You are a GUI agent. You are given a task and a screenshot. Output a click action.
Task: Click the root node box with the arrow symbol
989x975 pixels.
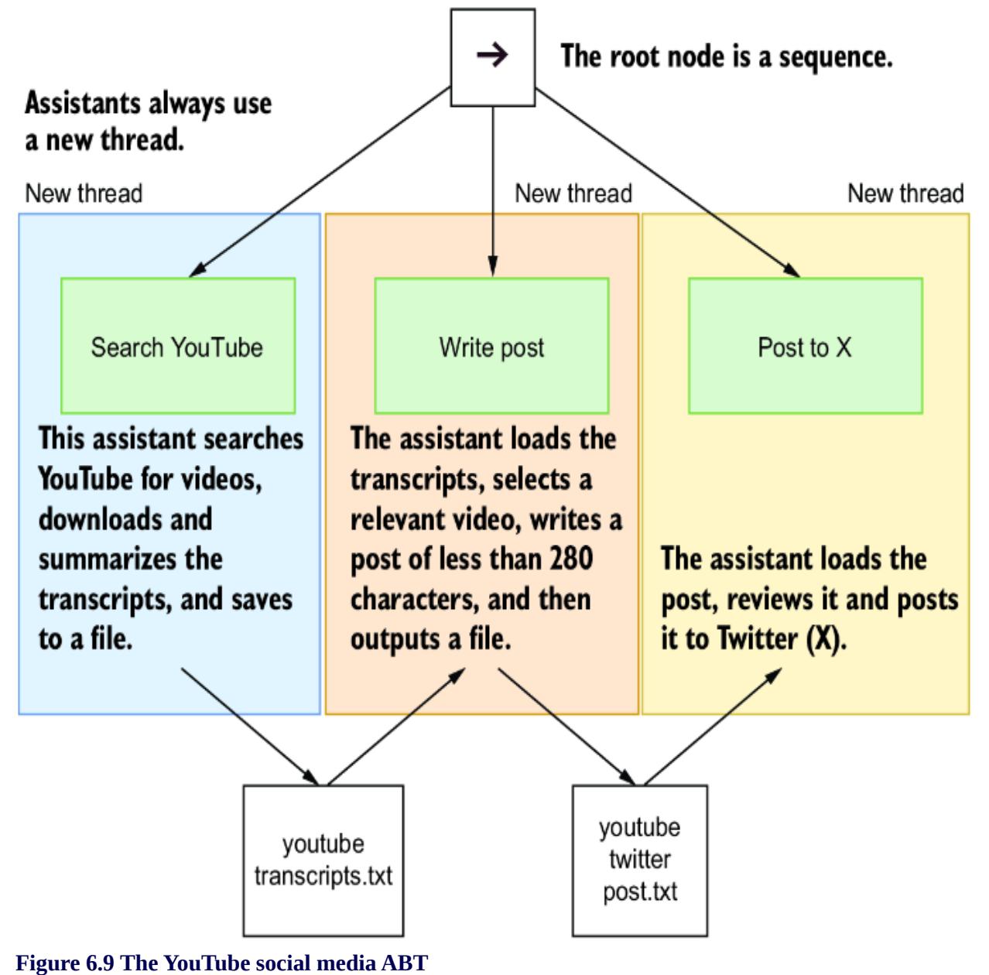(x=493, y=57)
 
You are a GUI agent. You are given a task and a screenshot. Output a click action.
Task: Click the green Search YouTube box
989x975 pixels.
(x=177, y=346)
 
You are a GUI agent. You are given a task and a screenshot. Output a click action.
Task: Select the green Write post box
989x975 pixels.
(x=491, y=346)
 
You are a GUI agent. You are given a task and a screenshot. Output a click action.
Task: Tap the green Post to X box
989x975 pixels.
(x=805, y=346)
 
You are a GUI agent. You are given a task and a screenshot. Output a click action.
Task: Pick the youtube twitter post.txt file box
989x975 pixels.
(x=639, y=860)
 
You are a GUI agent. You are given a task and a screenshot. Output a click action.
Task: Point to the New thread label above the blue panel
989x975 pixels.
(x=84, y=193)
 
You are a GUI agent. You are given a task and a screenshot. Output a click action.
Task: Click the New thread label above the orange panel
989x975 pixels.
(x=573, y=193)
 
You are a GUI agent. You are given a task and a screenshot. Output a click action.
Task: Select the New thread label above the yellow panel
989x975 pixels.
(x=905, y=193)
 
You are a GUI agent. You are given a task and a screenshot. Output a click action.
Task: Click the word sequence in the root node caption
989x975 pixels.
(x=839, y=56)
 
